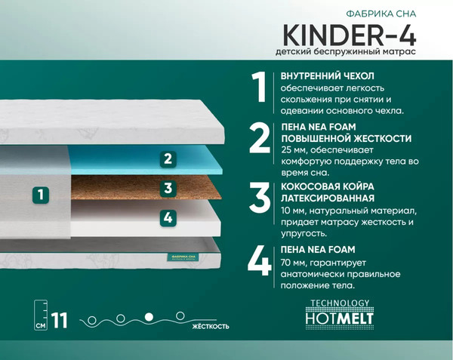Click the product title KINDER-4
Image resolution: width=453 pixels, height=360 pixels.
(350, 35)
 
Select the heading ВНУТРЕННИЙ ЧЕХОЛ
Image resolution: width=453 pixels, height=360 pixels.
(327, 76)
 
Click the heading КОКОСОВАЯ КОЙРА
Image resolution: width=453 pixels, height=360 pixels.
(327, 186)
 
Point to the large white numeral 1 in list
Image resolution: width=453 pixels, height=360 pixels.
(260, 89)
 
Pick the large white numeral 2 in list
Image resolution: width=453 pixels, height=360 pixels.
(260, 138)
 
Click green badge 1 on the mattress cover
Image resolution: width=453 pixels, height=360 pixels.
(42, 195)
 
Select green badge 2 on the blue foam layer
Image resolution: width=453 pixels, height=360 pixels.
(168, 159)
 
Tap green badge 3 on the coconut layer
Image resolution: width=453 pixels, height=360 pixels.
(168, 189)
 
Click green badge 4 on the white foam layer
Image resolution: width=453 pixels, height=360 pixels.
(168, 218)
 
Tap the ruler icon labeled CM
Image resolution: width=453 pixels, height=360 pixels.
(41, 315)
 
